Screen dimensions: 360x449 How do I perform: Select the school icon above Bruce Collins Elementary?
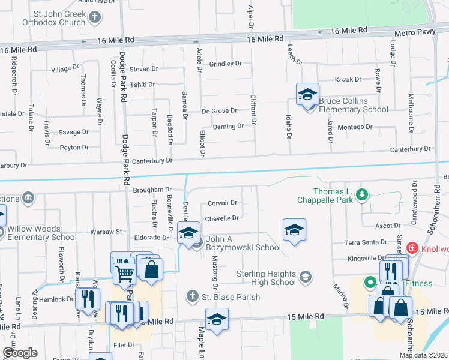307,95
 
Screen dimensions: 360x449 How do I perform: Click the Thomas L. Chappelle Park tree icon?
362,194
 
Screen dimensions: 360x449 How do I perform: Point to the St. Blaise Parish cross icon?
192,296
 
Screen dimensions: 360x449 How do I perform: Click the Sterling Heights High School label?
266,278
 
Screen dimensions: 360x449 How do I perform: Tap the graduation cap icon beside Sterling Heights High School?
306,278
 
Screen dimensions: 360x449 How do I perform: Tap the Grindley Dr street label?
225,63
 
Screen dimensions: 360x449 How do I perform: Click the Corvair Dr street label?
222,203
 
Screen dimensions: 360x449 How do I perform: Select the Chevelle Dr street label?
222,218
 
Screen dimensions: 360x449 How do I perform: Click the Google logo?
20,353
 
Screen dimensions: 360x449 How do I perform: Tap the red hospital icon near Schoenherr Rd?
412,247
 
